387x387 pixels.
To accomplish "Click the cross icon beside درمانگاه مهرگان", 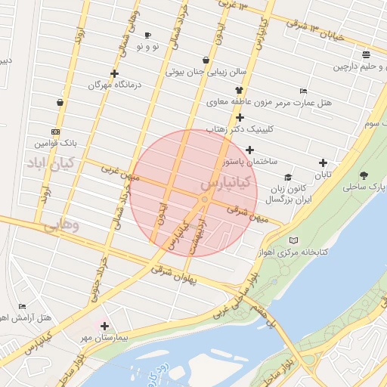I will coord(114,74).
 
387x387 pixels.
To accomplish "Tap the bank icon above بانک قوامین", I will coord(55,130).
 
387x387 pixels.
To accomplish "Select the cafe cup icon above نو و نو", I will coord(147,36).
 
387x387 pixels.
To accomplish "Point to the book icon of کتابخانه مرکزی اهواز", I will coord(293,240).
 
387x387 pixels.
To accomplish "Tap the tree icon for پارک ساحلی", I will coord(364,175).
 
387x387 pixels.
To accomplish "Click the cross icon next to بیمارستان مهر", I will coord(104,327).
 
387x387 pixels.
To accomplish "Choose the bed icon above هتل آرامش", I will coord(22,306).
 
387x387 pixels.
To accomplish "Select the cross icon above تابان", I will coord(324,163).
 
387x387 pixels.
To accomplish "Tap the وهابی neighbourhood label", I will coord(60,225).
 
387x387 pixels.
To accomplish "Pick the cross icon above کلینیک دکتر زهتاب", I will coord(240,117).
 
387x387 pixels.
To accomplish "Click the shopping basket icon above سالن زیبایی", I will coord(206,60).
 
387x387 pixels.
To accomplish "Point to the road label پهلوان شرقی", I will coord(173,270).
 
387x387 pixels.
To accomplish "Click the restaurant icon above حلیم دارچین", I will coord(367,54).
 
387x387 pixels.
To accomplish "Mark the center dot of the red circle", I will coord(204,199).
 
